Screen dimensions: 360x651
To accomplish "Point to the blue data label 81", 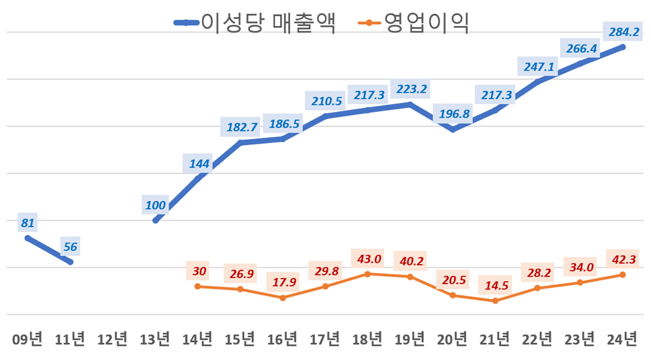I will pyautogui.click(x=27, y=223).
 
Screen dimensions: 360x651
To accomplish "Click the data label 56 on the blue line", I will pyautogui.click(x=70, y=247).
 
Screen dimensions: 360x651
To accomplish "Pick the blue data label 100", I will pyautogui.click(x=155, y=205).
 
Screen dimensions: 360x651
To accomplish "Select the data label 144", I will pyautogui.click(x=199, y=164).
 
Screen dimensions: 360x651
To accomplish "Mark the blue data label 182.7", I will pyautogui.click(x=241, y=127).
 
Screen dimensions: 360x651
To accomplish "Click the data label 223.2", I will pyautogui.click(x=411, y=89).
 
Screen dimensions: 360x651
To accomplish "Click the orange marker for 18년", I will pyautogui.click(x=368, y=273).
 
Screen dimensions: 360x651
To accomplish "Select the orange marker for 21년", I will pyautogui.click(x=496, y=300).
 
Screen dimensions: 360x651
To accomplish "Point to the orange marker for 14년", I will pyautogui.click(x=198, y=286).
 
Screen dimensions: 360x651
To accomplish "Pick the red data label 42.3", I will pyautogui.click(x=622, y=260).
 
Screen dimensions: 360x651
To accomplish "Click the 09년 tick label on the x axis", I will pyautogui.click(x=28, y=339).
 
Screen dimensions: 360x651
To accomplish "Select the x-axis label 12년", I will pyautogui.click(x=113, y=339).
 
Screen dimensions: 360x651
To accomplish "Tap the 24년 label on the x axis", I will pyautogui.click(x=622, y=339).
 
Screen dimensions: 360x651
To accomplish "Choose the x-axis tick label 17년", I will pyautogui.click(x=325, y=339).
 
